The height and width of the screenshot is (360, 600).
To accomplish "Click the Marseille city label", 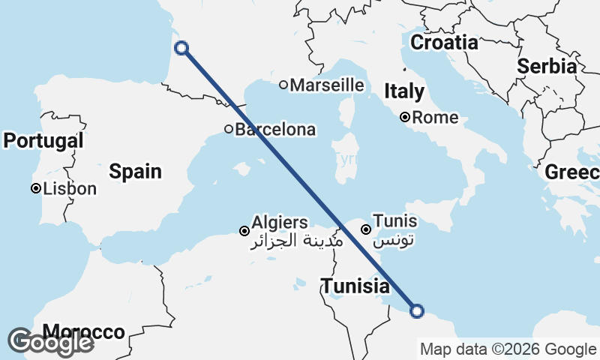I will (326, 85).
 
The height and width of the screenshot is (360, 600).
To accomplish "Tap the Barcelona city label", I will (275, 130).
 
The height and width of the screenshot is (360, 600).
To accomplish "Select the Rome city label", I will (435, 118).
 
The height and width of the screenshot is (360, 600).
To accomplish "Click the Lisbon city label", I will (70, 189).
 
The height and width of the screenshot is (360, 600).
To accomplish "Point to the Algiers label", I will (279, 223).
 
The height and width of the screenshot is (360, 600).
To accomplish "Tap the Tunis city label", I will (394, 223).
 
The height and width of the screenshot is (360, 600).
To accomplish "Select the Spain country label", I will (135, 172).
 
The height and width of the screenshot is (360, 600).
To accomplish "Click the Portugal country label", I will (43, 141).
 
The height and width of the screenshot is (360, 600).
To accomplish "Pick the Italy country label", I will (404, 92).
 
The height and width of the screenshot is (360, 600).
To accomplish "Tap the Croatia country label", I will (444, 43).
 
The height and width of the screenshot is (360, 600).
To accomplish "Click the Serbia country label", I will (547, 66).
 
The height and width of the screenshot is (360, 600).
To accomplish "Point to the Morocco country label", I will (83, 331).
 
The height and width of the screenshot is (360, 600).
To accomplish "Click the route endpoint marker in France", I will (181, 49).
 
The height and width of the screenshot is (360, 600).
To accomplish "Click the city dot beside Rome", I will (405, 117).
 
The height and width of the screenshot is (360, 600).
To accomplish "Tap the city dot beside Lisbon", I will (35, 188).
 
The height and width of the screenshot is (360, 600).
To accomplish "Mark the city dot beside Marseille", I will (283, 85).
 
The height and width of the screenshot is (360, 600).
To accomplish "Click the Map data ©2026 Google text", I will (508, 349).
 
